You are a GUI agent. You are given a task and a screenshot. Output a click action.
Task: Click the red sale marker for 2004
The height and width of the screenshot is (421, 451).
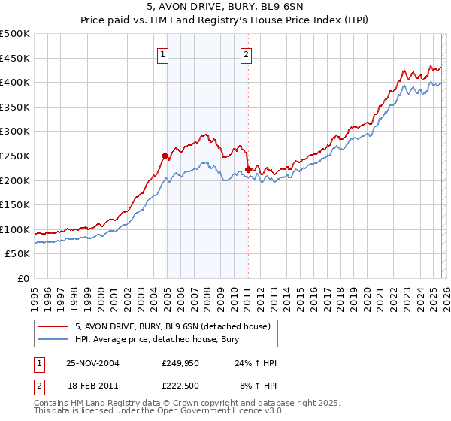(x=165, y=156)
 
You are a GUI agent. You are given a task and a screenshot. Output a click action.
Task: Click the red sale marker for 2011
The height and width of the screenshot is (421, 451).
(x=248, y=169)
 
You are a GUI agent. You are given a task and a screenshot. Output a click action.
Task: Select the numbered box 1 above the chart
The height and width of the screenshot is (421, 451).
(x=163, y=53)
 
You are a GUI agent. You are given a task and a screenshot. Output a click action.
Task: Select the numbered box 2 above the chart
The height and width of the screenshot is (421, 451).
(x=246, y=53)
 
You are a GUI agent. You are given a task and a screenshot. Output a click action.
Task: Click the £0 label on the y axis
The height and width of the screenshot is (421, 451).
(x=23, y=279)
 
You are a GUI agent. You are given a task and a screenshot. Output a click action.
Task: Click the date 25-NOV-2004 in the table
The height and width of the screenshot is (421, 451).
(x=93, y=363)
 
